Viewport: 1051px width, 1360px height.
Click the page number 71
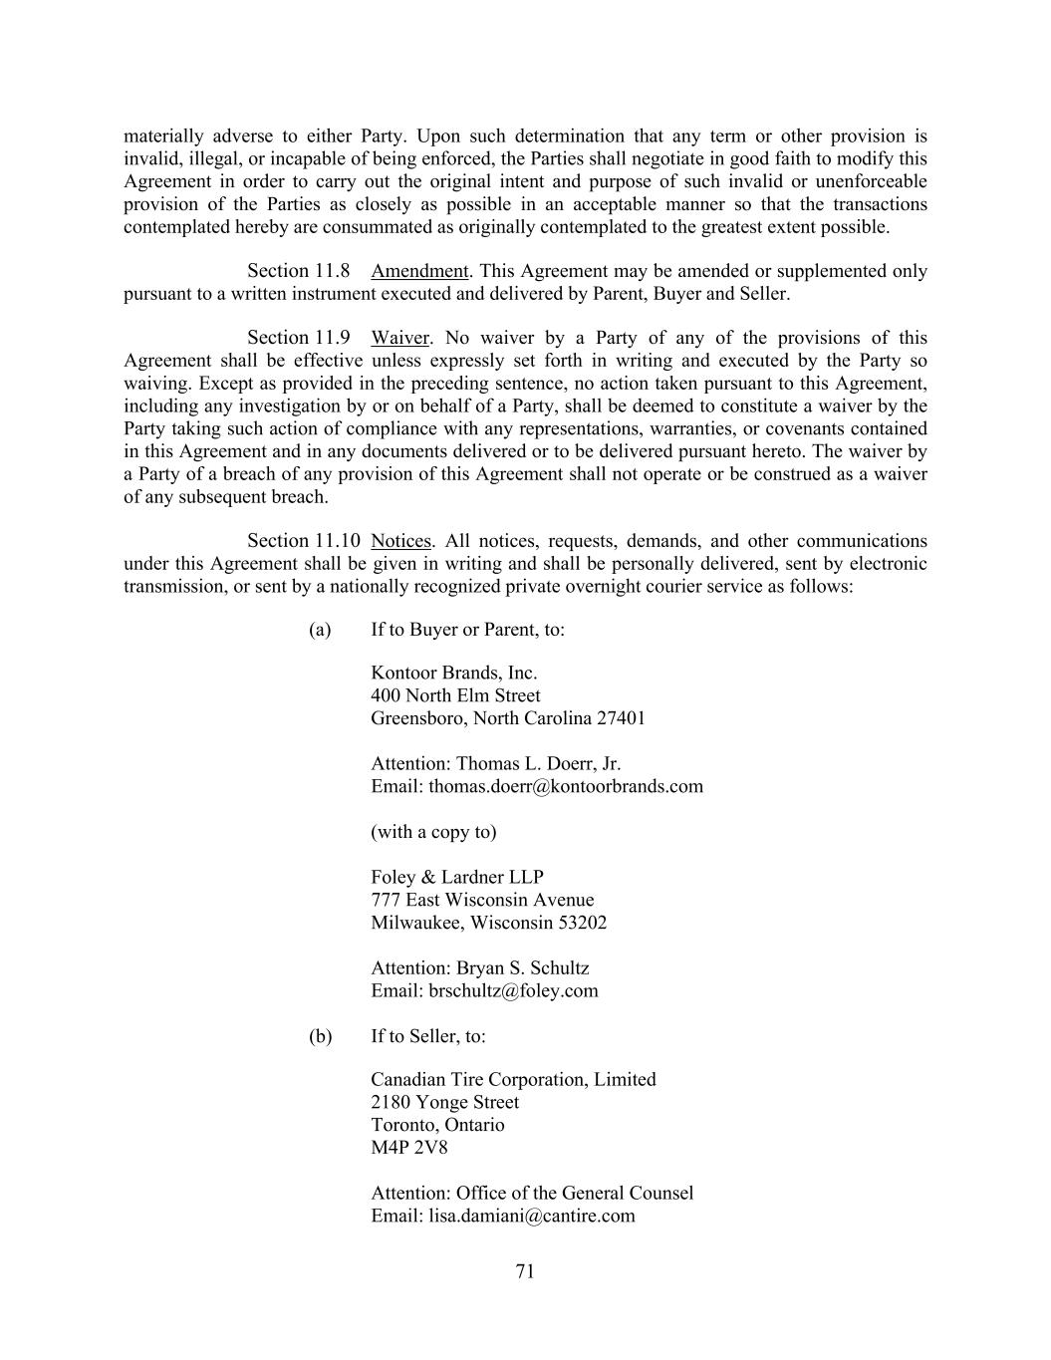point(526,1270)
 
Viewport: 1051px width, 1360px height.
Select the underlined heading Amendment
point(419,271)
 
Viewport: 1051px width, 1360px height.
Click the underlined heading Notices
point(400,541)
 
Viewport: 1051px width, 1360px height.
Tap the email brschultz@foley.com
point(513,990)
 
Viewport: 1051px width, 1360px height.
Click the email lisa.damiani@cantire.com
point(532,1216)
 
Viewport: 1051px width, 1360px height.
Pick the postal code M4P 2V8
point(409,1147)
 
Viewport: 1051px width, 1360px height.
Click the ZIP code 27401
point(621,718)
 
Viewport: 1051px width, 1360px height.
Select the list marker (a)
point(320,630)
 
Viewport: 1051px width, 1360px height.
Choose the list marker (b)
point(320,1036)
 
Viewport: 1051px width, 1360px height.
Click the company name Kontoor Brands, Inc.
point(453,673)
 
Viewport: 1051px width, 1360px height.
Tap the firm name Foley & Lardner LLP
point(457,877)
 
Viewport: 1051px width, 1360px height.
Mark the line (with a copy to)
point(433,832)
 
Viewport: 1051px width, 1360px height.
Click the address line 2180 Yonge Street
point(444,1102)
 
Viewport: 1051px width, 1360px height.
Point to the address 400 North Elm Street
point(455,695)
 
